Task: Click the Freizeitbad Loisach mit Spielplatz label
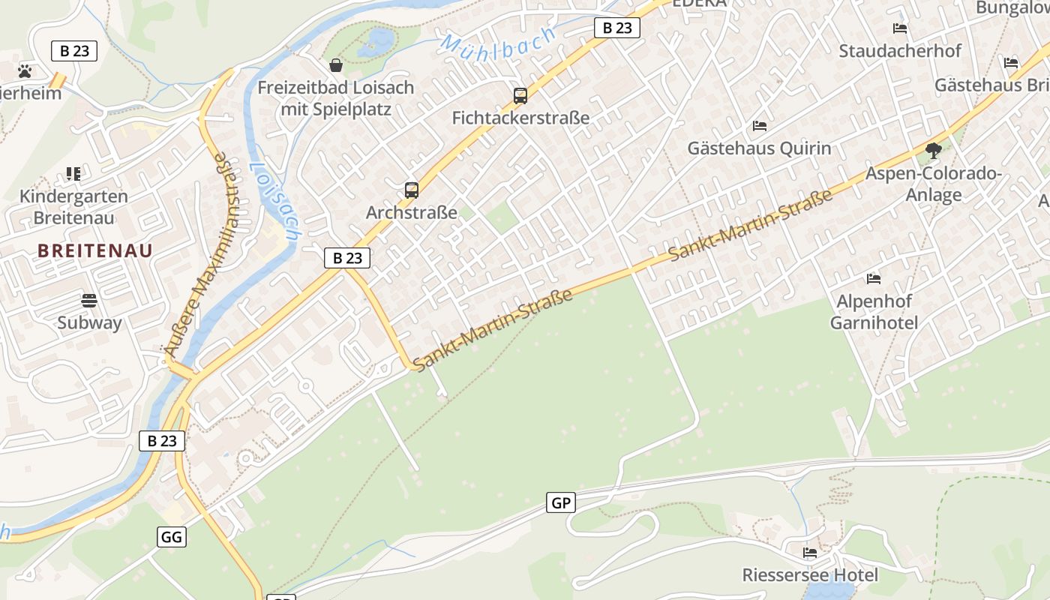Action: click(x=335, y=98)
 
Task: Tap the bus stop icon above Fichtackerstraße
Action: click(x=520, y=96)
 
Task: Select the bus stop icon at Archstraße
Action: click(x=411, y=190)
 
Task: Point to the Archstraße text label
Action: click(x=411, y=213)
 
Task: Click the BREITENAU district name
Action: click(x=95, y=250)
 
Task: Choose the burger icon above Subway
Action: click(x=89, y=301)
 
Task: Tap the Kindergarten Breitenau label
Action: click(x=73, y=207)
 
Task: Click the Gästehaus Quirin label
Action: click(x=759, y=148)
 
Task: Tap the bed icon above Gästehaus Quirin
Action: click(x=760, y=126)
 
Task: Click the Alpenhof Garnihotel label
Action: click(x=874, y=312)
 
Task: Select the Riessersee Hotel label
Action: click(x=810, y=575)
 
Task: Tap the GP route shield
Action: click(x=561, y=503)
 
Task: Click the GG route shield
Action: click(x=172, y=537)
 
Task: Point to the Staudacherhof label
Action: click(x=900, y=51)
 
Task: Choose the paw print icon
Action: click(x=25, y=71)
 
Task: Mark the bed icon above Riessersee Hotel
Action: click(x=810, y=553)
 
